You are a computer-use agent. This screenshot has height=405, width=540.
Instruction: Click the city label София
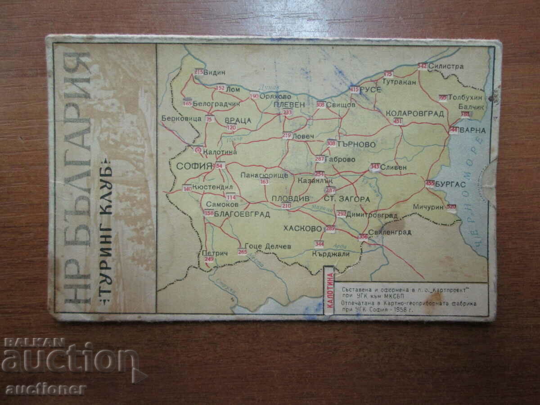[x=194, y=166]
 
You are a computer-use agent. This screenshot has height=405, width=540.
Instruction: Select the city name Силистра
[x=445, y=66]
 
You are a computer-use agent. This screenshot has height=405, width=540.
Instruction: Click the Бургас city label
[x=451, y=184]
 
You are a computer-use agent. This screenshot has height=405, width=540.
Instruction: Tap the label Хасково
[x=303, y=229]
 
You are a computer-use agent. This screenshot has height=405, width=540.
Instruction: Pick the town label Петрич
[x=215, y=253]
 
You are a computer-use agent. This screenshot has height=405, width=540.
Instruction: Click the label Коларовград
[x=415, y=113]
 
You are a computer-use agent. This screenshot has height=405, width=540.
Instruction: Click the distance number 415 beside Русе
[x=354, y=90]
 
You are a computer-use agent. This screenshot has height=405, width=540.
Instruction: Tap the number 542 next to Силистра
[x=422, y=66]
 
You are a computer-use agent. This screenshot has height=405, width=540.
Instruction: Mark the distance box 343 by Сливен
[x=374, y=167]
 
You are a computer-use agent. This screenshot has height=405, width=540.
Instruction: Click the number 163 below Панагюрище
[x=264, y=182]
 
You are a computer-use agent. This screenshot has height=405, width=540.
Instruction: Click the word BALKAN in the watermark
[x=34, y=343]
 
